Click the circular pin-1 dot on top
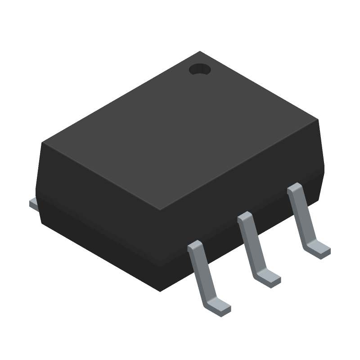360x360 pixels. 200,69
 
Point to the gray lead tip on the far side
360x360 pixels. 33,204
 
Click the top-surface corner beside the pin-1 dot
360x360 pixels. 200,52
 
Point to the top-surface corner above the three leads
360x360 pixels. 318,119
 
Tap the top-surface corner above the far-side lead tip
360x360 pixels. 43,143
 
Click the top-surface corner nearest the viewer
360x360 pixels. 161,211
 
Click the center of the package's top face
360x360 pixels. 180,130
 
